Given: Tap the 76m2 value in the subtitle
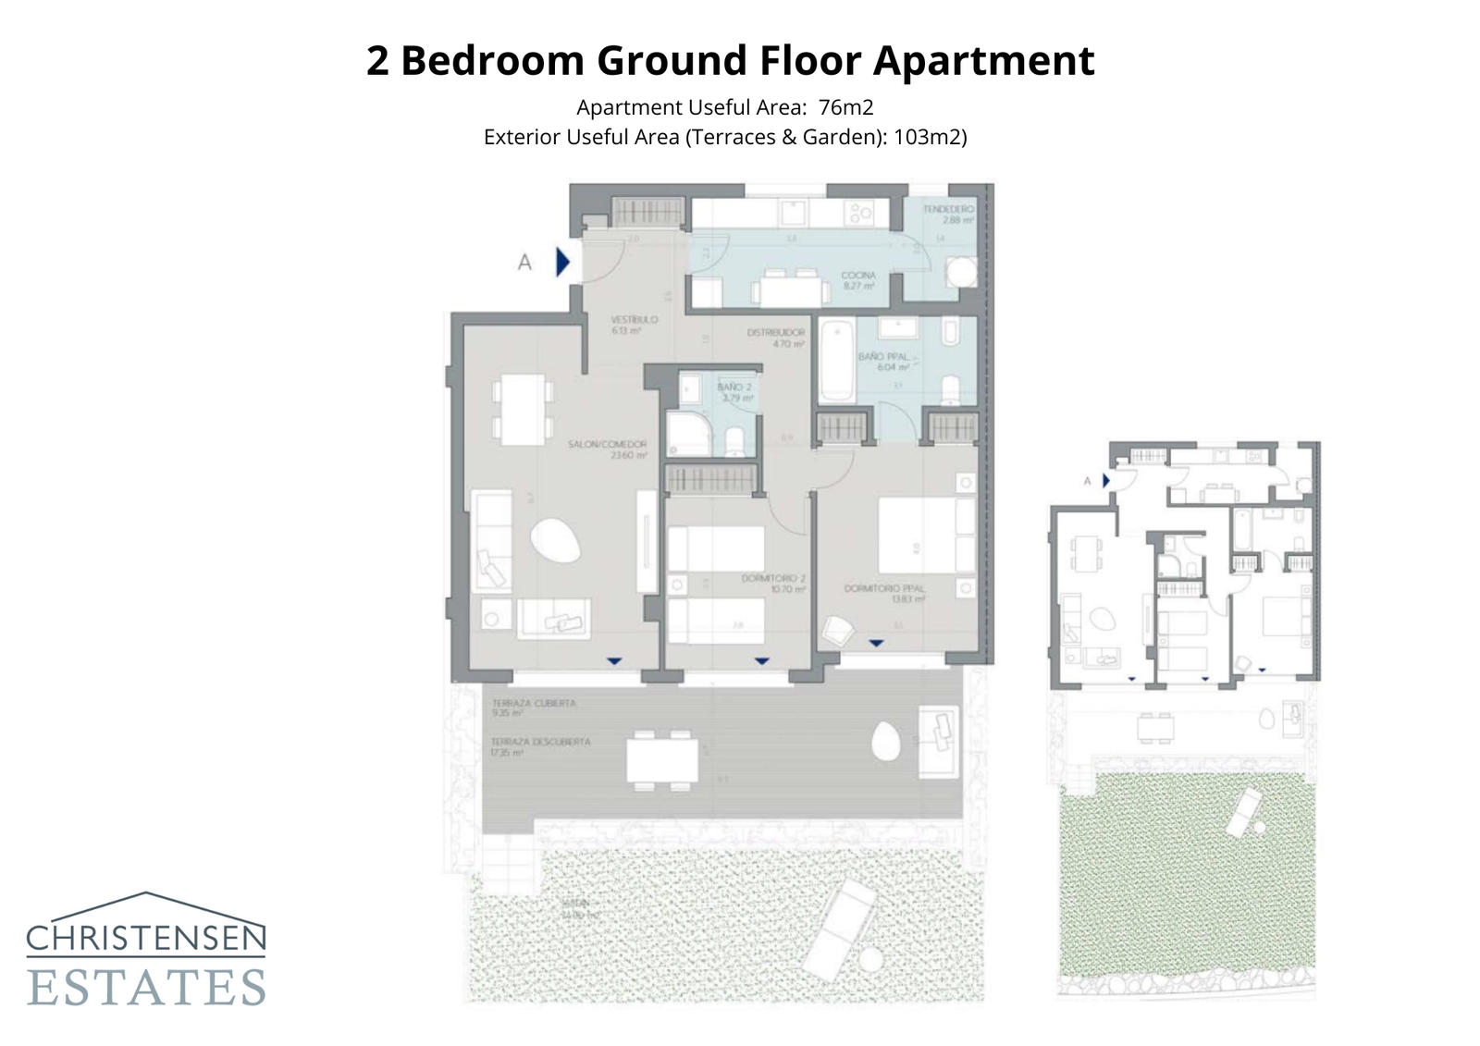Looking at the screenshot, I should tap(845, 107).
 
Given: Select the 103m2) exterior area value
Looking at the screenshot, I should tap(930, 137).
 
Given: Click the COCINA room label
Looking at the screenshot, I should tap(857, 276).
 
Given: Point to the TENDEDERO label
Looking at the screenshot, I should tap(948, 210).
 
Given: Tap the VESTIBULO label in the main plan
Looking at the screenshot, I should tap(634, 320).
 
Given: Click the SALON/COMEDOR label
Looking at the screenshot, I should tap(607, 445).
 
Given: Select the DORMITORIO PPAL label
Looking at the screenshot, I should tap(883, 588).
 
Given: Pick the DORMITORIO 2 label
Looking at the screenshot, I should tap(773, 579).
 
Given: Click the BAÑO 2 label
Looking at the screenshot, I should tap(734, 388).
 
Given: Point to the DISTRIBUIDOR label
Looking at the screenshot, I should tap(775, 332).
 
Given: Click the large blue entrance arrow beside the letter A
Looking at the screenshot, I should tap(562, 263).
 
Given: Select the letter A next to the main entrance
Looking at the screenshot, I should tap(524, 263).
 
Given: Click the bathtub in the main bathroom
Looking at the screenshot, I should tap(837, 360).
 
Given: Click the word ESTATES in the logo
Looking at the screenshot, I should tap(146, 988).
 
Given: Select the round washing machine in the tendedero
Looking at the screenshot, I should tap(960, 274).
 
